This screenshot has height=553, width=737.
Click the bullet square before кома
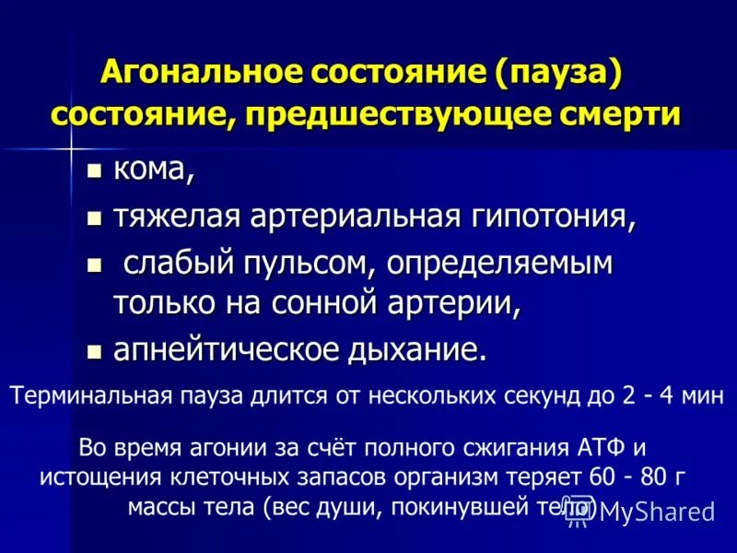point(92,171)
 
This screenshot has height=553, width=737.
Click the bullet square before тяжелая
point(92,218)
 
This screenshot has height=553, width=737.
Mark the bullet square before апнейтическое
point(92,351)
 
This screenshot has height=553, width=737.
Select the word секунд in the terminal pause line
point(551,397)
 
